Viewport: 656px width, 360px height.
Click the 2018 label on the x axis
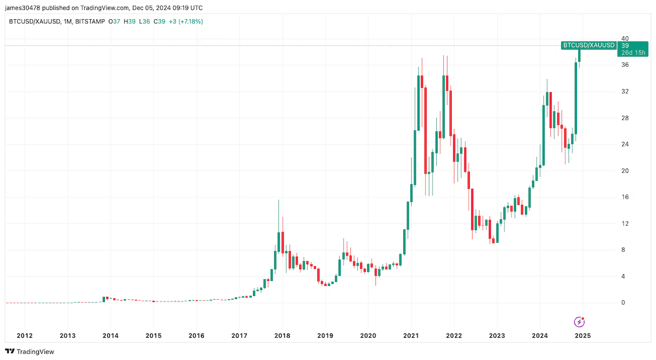pyautogui.click(x=282, y=335)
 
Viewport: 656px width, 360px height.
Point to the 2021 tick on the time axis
pyautogui.click(x=411, y=335)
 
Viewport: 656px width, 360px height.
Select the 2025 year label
pyautogui.click(x=583, y=335)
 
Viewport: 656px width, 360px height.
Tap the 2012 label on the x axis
pyautogui.click(x=25, y=335)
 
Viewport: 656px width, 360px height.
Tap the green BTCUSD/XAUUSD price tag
pyautogui.click(x=589, y=45)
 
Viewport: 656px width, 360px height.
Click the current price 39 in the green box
pyautogui.click(x=625, y=46)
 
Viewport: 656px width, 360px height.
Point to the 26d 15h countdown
pyautogui.click(x=632, y=52)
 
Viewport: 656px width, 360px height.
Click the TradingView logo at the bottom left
pyautogui.click(x=30, y=351)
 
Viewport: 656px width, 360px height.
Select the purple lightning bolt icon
pyautogui.click(x=579, y=322)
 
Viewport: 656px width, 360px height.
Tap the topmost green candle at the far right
pyautogui.click(x=579, y=53)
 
